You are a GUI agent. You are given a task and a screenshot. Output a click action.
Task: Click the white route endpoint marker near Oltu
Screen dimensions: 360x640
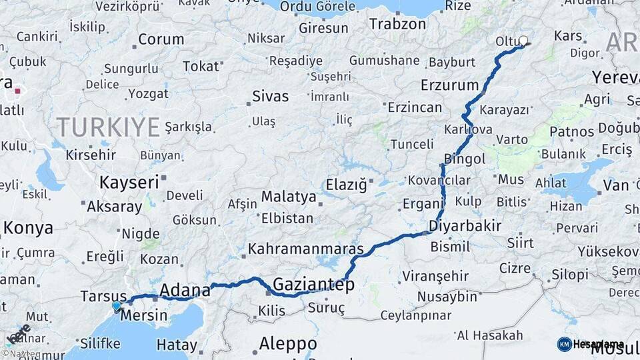click(x=523, y=41)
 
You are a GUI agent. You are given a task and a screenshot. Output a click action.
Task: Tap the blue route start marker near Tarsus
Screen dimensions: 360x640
click(x=117, y=306)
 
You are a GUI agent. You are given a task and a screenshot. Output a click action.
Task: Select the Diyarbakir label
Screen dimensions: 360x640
click(x=465, y=225)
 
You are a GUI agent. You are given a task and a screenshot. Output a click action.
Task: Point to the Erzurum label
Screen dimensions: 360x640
click(x=450, y=85)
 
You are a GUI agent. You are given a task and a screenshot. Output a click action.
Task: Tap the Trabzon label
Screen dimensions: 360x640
click(x=397, y=24)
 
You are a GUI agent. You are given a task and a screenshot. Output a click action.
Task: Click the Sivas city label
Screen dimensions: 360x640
click(x=271, y=97)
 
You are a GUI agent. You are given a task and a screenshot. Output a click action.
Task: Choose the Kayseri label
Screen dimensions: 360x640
click(x=129, y=182)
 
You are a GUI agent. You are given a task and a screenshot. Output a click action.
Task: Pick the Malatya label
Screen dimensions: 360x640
click(x=288, y=197)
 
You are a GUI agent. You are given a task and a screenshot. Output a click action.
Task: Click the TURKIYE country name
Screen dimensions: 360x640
click(x=108, y=126)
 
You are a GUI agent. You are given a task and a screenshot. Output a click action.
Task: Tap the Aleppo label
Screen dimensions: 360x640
click(x=288, y=344)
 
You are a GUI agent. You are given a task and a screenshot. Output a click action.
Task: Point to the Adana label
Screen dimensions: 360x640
click(x=185, y=291)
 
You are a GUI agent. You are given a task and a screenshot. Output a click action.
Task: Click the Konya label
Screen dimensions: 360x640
click(x=28, y=228)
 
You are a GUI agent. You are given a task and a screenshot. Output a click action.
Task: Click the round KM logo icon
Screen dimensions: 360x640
click(x=565, y=344)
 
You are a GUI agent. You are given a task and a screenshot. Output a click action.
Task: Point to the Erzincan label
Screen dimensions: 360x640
click(x=415, y=107)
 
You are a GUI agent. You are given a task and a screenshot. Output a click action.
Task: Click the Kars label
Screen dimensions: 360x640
click(x=568, y=35)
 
